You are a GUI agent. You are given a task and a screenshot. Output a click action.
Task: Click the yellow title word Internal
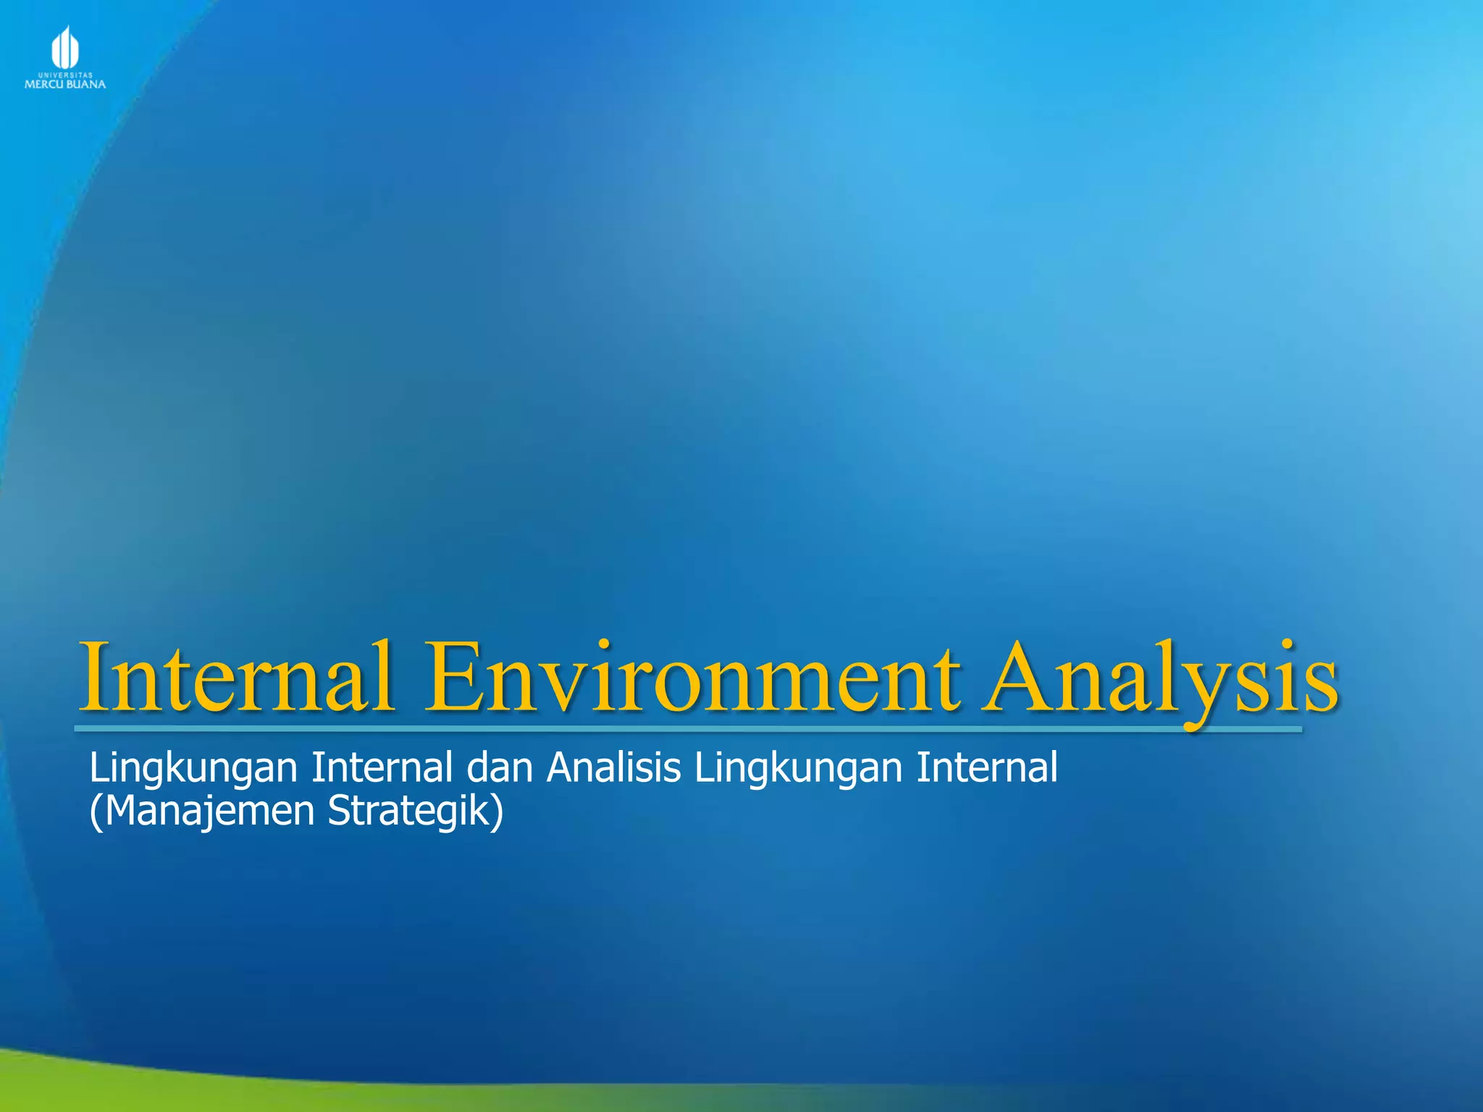pos(238,677)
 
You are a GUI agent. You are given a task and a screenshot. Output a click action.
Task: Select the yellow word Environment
pos(693,677)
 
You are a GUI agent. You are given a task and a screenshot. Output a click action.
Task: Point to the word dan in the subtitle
pos(500,767)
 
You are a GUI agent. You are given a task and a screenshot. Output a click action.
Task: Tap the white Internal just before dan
pos(382,767)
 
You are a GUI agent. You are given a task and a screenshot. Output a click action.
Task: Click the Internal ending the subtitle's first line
pos(987,767)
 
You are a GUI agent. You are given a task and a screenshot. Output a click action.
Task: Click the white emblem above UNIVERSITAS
pos(64,48)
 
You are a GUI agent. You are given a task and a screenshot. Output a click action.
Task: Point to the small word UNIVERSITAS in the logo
pos(65,75)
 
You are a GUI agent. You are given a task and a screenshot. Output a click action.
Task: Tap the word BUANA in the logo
pos(87,85)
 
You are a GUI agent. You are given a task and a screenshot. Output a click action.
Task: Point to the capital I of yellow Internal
pos(96,677)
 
